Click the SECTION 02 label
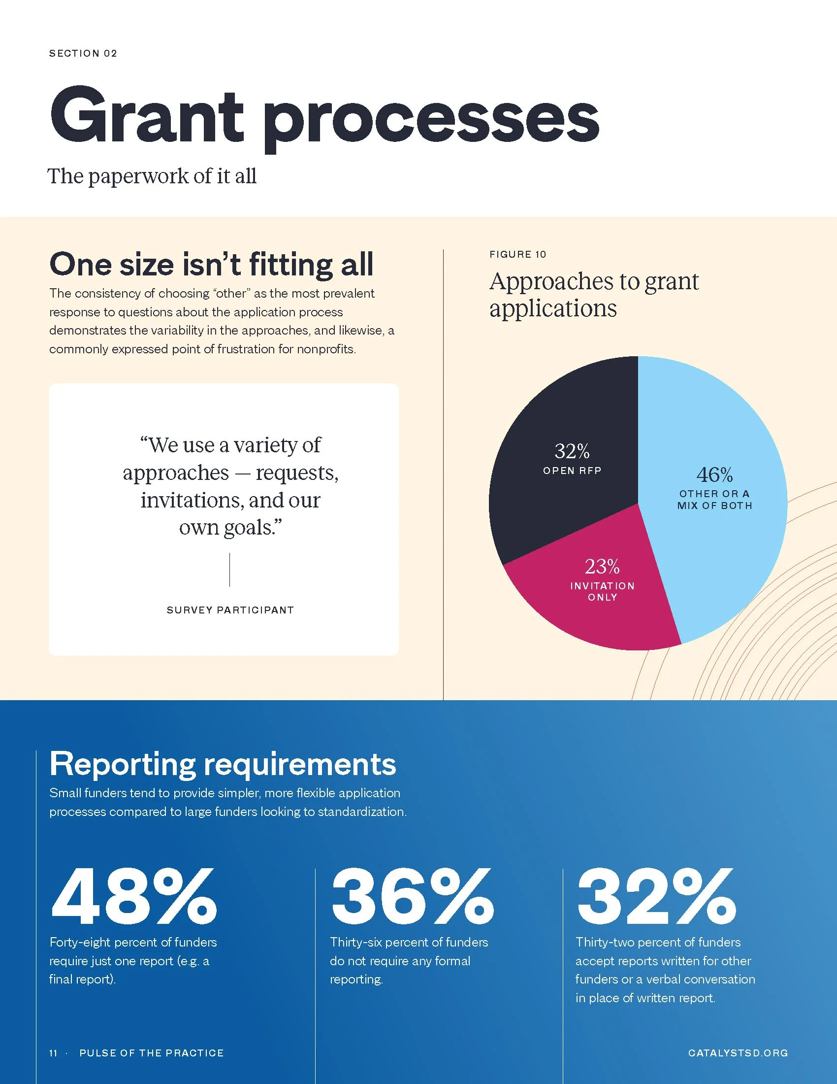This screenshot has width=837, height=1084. pyautogui.click(x=83, y=53)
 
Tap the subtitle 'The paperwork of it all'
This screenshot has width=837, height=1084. pyautogui.click(x=152, y=176)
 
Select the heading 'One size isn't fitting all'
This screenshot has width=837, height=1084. pyautogui.click(x=211, y=264)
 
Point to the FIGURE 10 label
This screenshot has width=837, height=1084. pyautogui.click(x=517, y=254)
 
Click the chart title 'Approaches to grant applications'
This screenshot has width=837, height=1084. pyautogui.click(x=594, y=295)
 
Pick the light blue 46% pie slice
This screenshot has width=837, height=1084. pyautogui.click(x=719, y=496)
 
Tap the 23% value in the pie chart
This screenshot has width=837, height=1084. pyautogui.click(x=602, y=566)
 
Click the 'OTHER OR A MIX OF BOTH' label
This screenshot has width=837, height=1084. pyautogui.click(x=714, y=500)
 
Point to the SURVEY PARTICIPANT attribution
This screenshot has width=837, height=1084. pyautogui.click(x=230, y=610)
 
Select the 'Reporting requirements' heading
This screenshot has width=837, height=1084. pyautogui.click(x=223, y=764)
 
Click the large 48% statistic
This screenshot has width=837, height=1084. pyautogui.click(x=134, y=897)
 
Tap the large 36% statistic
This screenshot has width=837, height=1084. pyautogui.click(x=413, y=897)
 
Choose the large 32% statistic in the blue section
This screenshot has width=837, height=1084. pyautogui.click(x=656, y=897)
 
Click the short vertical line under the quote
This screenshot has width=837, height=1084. pyautogui.click(x=229, y=570)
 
